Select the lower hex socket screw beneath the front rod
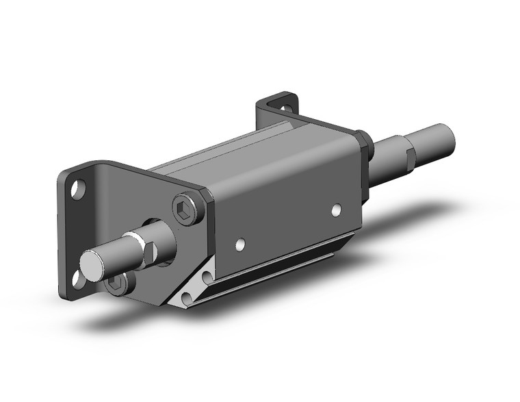click(117, 284)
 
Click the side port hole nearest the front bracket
click(240, 243)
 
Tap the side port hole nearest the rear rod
click(336, 210)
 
